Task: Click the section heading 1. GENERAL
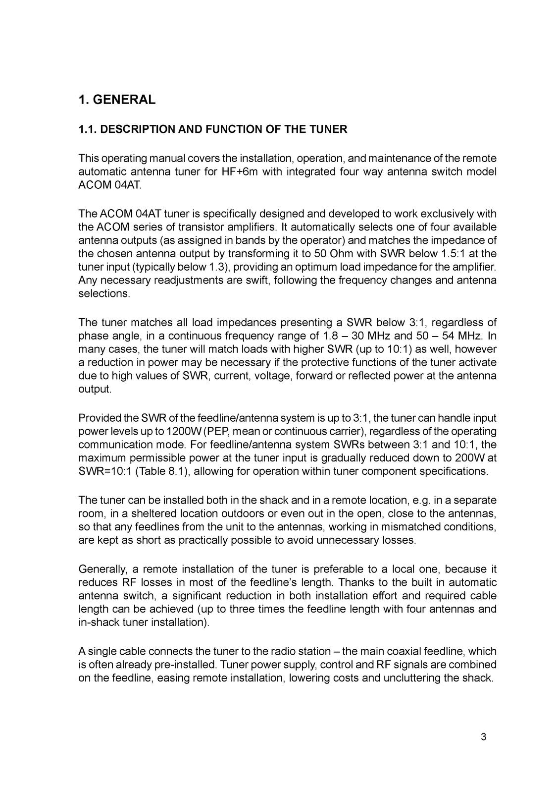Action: (117, 100)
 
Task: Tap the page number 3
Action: (483, 737)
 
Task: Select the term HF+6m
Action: (240, 172)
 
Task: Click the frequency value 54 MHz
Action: (459, 336)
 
